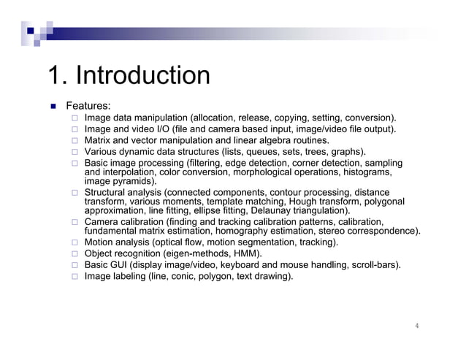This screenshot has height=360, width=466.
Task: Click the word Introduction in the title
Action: [143, 75]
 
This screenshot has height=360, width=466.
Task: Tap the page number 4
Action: [416, 326]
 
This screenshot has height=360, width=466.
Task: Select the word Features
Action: [88, 106]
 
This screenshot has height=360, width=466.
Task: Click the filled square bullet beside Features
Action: [53, 107]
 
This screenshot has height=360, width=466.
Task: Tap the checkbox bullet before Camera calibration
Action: [75, 222]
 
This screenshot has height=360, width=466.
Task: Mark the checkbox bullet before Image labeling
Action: [75, 277]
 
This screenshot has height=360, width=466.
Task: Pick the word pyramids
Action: [136, 181]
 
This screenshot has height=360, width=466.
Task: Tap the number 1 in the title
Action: [54, 75]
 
